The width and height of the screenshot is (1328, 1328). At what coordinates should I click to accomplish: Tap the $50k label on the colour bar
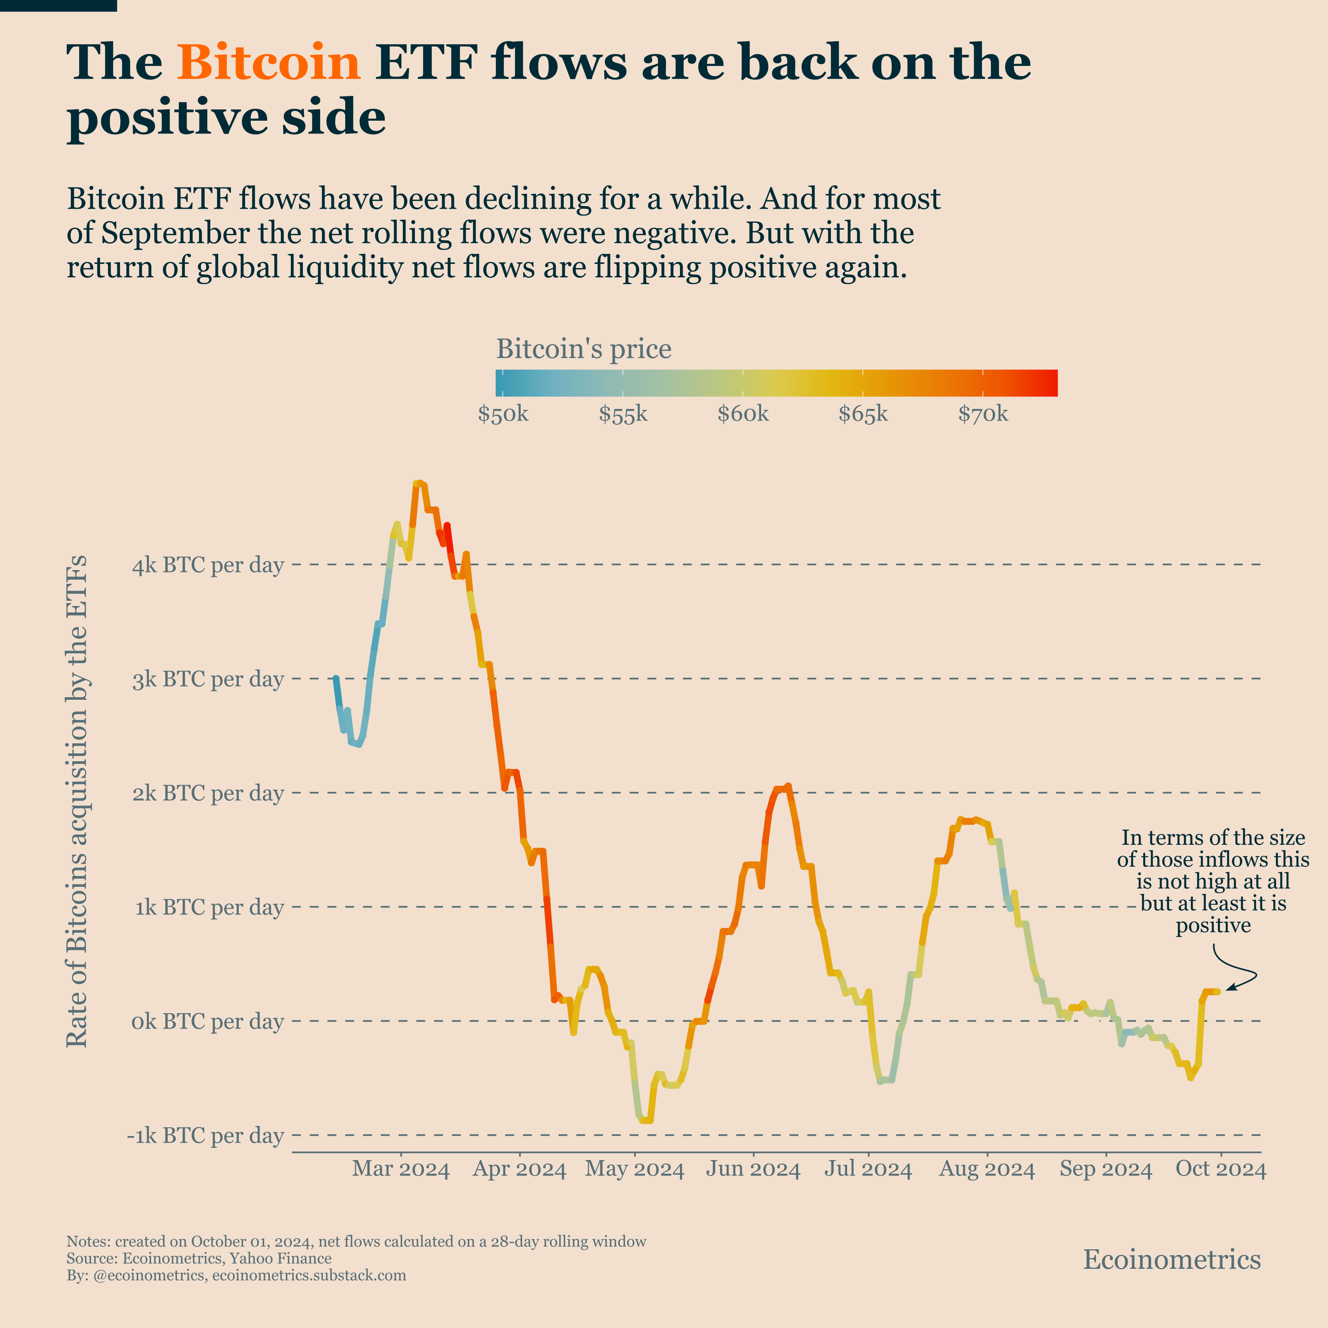[503, 415]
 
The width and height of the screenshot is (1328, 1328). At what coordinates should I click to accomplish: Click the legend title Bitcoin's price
[584, 349]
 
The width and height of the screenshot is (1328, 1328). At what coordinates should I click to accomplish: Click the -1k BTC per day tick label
[205, 1136]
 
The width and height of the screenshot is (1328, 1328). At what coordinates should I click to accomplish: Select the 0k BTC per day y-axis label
[208, 1021]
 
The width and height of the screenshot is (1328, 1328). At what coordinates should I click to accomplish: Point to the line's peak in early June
[788, 786]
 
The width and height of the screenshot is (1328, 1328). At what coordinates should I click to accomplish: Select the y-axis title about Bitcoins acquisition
[77, 801]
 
